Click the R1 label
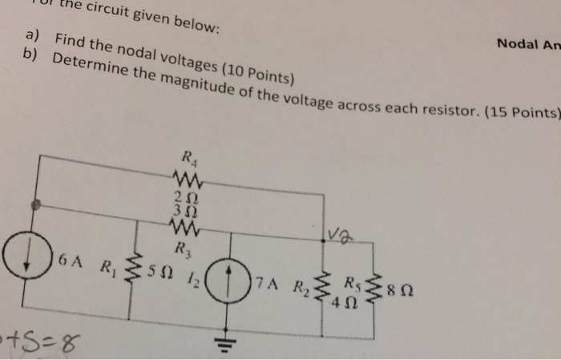coord(107,265)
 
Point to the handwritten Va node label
coord(337,233)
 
